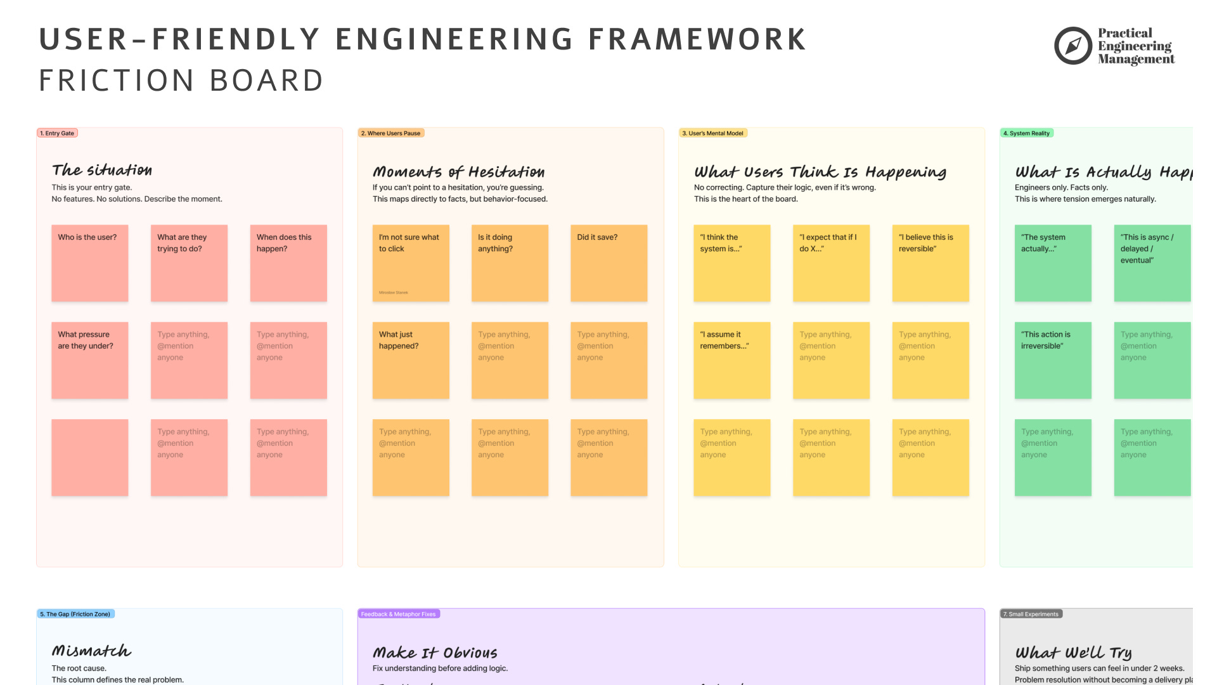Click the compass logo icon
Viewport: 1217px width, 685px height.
(x=1072, y=46)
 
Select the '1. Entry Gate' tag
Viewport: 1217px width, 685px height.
(x=58, y=133)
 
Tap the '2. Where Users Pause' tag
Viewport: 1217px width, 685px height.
(x=390, y=133)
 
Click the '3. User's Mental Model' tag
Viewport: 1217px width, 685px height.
(x=713, y=133)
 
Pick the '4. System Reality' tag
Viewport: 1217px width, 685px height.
(x=1026, y=133)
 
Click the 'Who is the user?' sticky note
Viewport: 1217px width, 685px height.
(x=89, y=263)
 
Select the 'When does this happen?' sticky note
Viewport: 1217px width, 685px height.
(x=288, y=263)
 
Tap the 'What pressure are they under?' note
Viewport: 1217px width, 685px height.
(x=89, y=360)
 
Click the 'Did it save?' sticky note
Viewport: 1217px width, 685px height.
(x=608, y=263)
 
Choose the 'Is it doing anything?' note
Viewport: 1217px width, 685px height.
(x=510, y=263)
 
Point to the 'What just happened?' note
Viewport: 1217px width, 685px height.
(x=411, y=360)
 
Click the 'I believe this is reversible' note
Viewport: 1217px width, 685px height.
(x=930, y=263)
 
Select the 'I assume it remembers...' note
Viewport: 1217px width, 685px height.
(x=731, y=360)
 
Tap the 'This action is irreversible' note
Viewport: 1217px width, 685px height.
(x=1053, y=360)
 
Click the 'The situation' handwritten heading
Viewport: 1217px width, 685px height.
(x=102, y=170)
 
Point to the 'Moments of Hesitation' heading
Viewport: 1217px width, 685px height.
(x=458, y=172)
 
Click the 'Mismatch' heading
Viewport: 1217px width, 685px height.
(x=91, y=651)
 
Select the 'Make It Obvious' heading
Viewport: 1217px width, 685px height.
(x=435, y=653)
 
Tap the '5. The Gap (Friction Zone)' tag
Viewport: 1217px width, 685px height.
(x=75, y=614)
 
